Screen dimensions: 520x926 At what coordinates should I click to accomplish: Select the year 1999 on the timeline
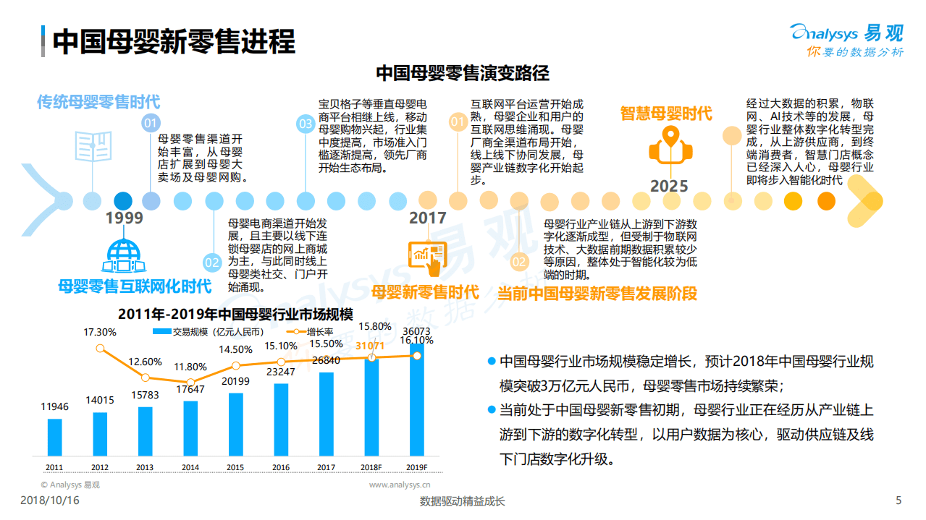tap(124, 218)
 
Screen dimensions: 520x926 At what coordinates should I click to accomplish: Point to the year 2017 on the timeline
tap(427, 218)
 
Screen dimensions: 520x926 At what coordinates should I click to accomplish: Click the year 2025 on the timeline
tap(668, 186)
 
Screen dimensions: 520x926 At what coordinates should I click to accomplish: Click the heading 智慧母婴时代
tap(665, 114)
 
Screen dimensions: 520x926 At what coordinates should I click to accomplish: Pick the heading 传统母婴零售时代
tap(98, 102)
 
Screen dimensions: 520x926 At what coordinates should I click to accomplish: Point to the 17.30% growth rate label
tap(100, 332)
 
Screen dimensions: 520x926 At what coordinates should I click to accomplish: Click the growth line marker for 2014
tap(190, 382)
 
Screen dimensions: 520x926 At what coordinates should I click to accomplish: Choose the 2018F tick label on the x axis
tap(371, 467)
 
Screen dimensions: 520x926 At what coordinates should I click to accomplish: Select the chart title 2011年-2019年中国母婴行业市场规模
tap(235, 314)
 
